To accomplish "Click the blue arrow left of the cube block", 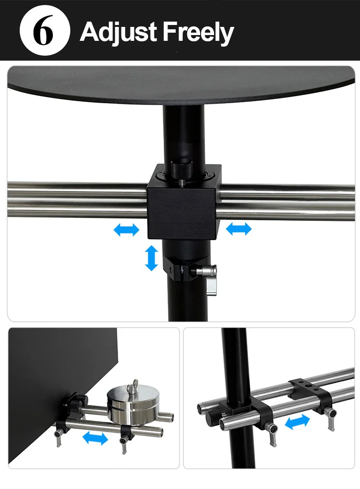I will pyautogui.click(x=126, y=230).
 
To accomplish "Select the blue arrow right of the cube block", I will pyautogui.click(x=239, y=229).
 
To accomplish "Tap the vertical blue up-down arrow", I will pyautogui.click(x=152, y=257).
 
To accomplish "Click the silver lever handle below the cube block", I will pyautogui.click(x=211, y=283).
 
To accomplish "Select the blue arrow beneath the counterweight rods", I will pyautogui.click(x=95, y=438).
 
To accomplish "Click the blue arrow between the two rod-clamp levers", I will pyautogui.click(x=298, y=423).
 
